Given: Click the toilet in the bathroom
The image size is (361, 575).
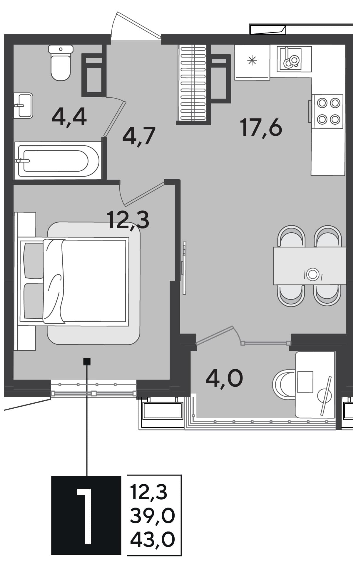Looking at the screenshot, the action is click(61, 62).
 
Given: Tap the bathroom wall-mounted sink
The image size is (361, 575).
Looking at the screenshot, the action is click(23, 106).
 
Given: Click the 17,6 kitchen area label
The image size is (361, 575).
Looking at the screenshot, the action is click(261, 127).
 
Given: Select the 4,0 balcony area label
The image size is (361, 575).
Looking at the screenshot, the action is click(224, 378).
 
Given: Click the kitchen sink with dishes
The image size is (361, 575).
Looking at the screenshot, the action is click(294, 59).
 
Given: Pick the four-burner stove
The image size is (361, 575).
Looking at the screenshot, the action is click(327, 111).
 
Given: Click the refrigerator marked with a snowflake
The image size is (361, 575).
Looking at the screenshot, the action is click(252, 62).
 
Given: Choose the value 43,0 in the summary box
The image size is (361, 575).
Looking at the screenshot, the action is click(153, 539).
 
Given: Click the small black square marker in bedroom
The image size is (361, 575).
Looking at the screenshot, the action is click(87, 361).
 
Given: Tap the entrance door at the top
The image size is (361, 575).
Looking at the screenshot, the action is click(136, 26).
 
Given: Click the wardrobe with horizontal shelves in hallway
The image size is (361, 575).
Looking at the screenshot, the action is click(193, 83).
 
